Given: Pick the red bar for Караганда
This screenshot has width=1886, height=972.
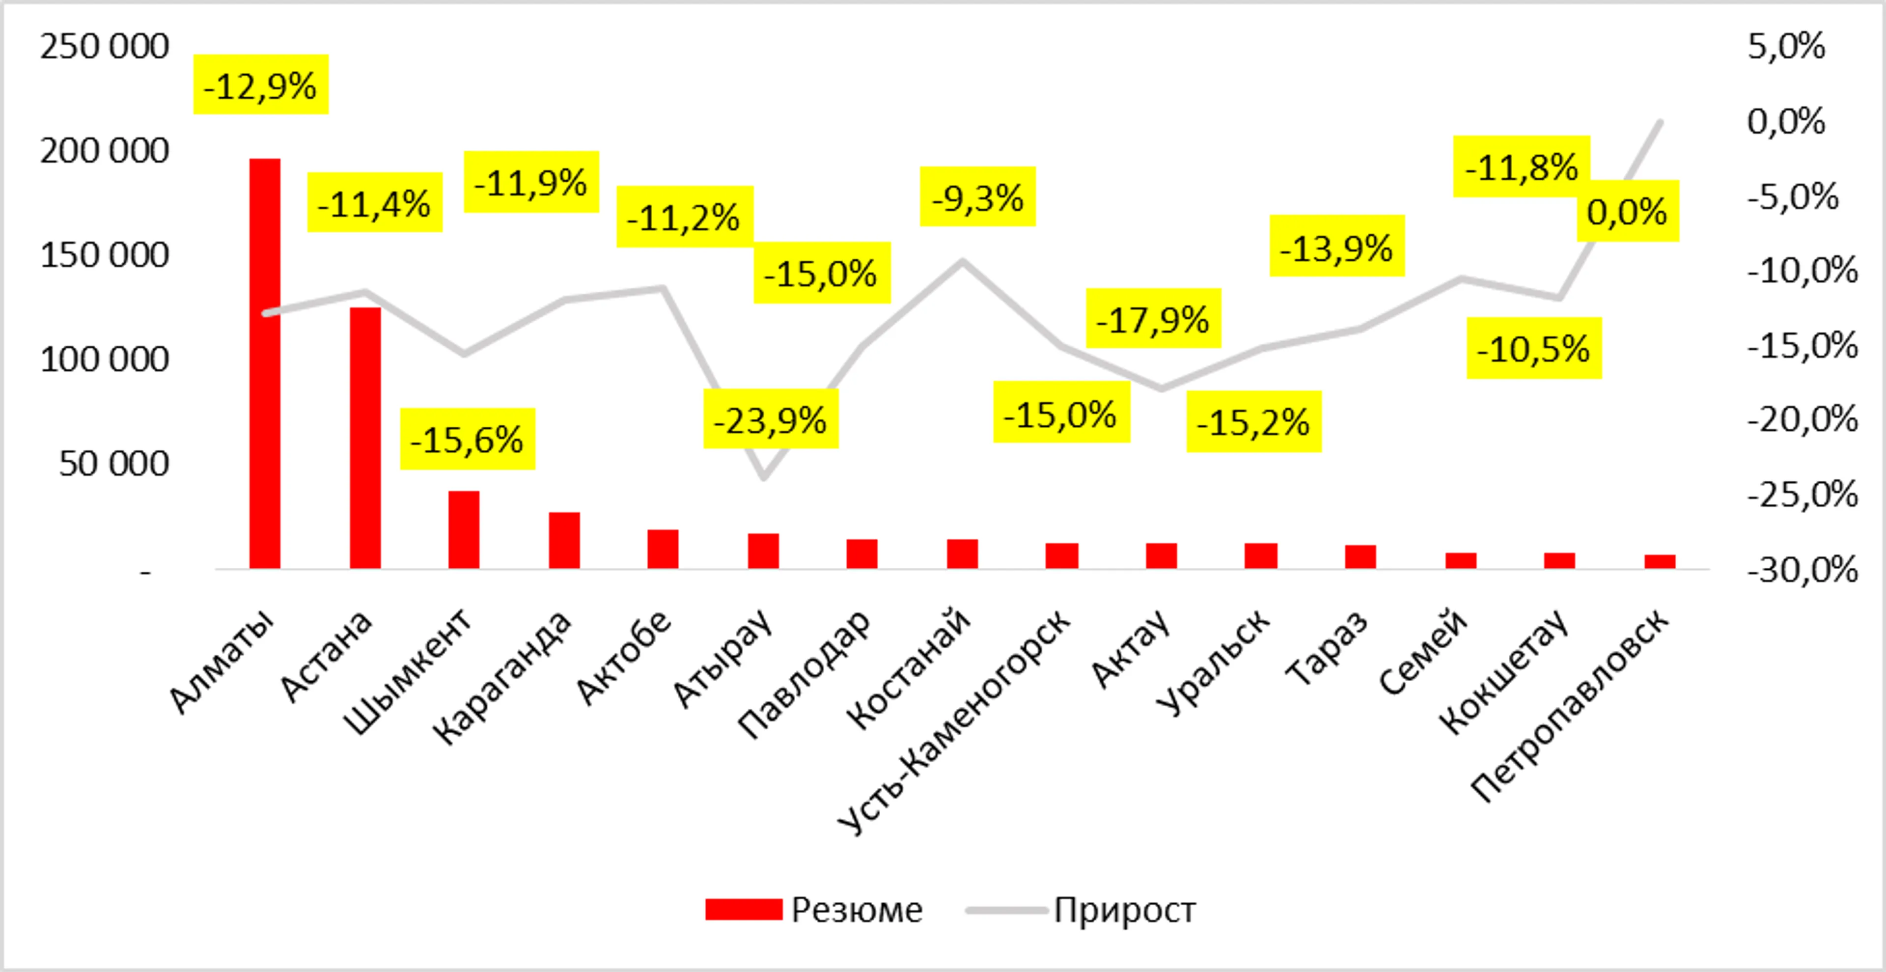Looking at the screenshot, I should (x=564, y=540).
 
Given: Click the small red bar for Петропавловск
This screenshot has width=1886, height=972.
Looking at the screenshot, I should (x=1660, y=561).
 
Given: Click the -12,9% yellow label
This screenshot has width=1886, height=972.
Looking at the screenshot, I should (x=261, y=85).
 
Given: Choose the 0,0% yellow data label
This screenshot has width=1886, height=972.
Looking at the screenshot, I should (x=1627, y=212).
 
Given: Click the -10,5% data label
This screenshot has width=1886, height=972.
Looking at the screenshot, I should (x=1534, y=348).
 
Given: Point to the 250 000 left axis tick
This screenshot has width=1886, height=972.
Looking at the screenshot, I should (x=104, y=47).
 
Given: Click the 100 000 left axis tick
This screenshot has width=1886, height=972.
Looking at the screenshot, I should (x=104, y=360).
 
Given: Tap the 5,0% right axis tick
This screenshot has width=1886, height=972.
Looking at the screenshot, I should (x=1786, y=47).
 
